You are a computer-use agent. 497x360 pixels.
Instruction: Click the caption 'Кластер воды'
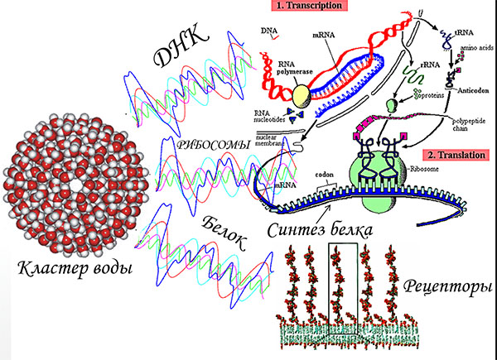click(x=70, y=267)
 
